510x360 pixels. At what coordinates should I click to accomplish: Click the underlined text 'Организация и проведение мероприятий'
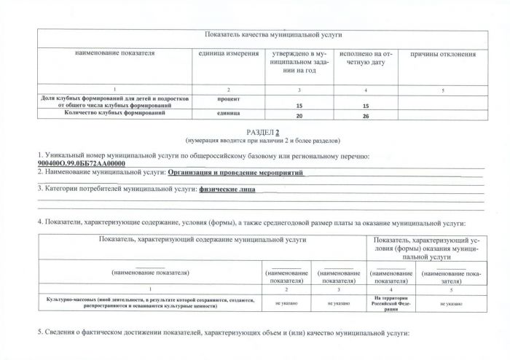[235, 173]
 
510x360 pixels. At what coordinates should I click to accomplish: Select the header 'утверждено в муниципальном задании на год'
[300, 63]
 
